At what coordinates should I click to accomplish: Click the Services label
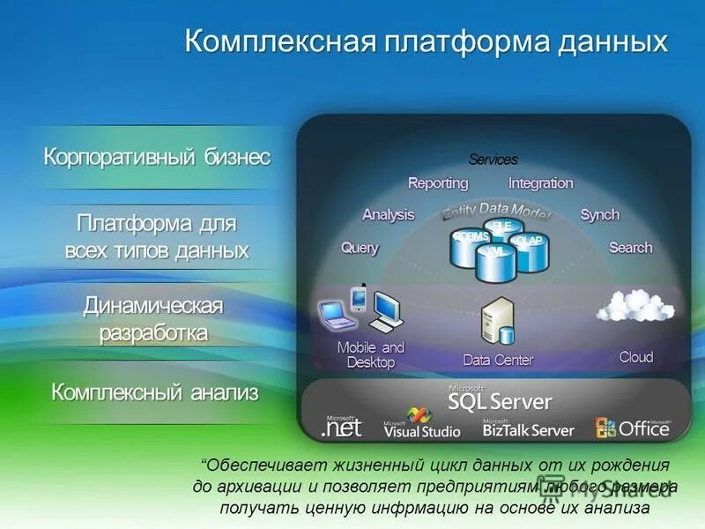coord(493,160)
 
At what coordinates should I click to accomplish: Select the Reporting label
coord(438,183)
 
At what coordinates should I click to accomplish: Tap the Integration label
coord(540,183)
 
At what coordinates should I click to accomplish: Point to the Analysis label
coord(388,214)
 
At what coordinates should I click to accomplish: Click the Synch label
coord(599,214)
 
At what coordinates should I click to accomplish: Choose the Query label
coord(360,248)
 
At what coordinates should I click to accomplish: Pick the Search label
coord(630,248)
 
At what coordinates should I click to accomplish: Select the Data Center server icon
coord(498,321)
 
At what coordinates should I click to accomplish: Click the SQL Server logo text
coord(500,401)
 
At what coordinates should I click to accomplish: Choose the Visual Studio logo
coord(421,424)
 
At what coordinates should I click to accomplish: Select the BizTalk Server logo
coord(528,429)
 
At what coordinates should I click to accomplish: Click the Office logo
coord(632,428)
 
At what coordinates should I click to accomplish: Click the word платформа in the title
coord(452,41)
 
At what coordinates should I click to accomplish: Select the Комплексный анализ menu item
coord(155,392)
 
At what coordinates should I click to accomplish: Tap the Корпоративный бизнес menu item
coord(157,157)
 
